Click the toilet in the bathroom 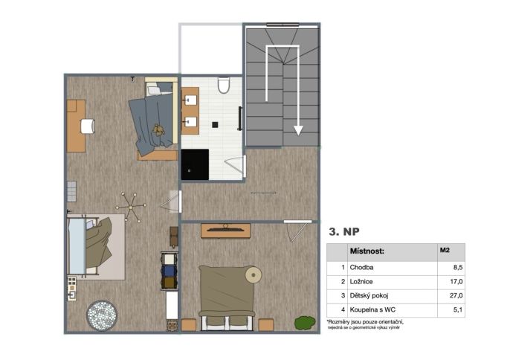[224, 86]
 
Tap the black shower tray [195, 164]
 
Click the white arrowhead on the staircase [298, 130]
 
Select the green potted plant [305, 323]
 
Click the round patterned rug [102, 315]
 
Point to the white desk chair [88, 126]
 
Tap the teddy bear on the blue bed [159, 129]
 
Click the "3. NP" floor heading [344, 232]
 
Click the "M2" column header [445, 250]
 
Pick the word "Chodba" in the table [361, 268]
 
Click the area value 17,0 [456, 282]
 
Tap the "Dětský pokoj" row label [369, 296]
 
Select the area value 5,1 [458, 310]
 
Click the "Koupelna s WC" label [372, 310]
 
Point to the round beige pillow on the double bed [254, 275]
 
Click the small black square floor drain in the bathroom [215, 125]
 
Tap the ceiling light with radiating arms [131, 207]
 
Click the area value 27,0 [456, 296]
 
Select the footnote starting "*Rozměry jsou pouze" [365, 324]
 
